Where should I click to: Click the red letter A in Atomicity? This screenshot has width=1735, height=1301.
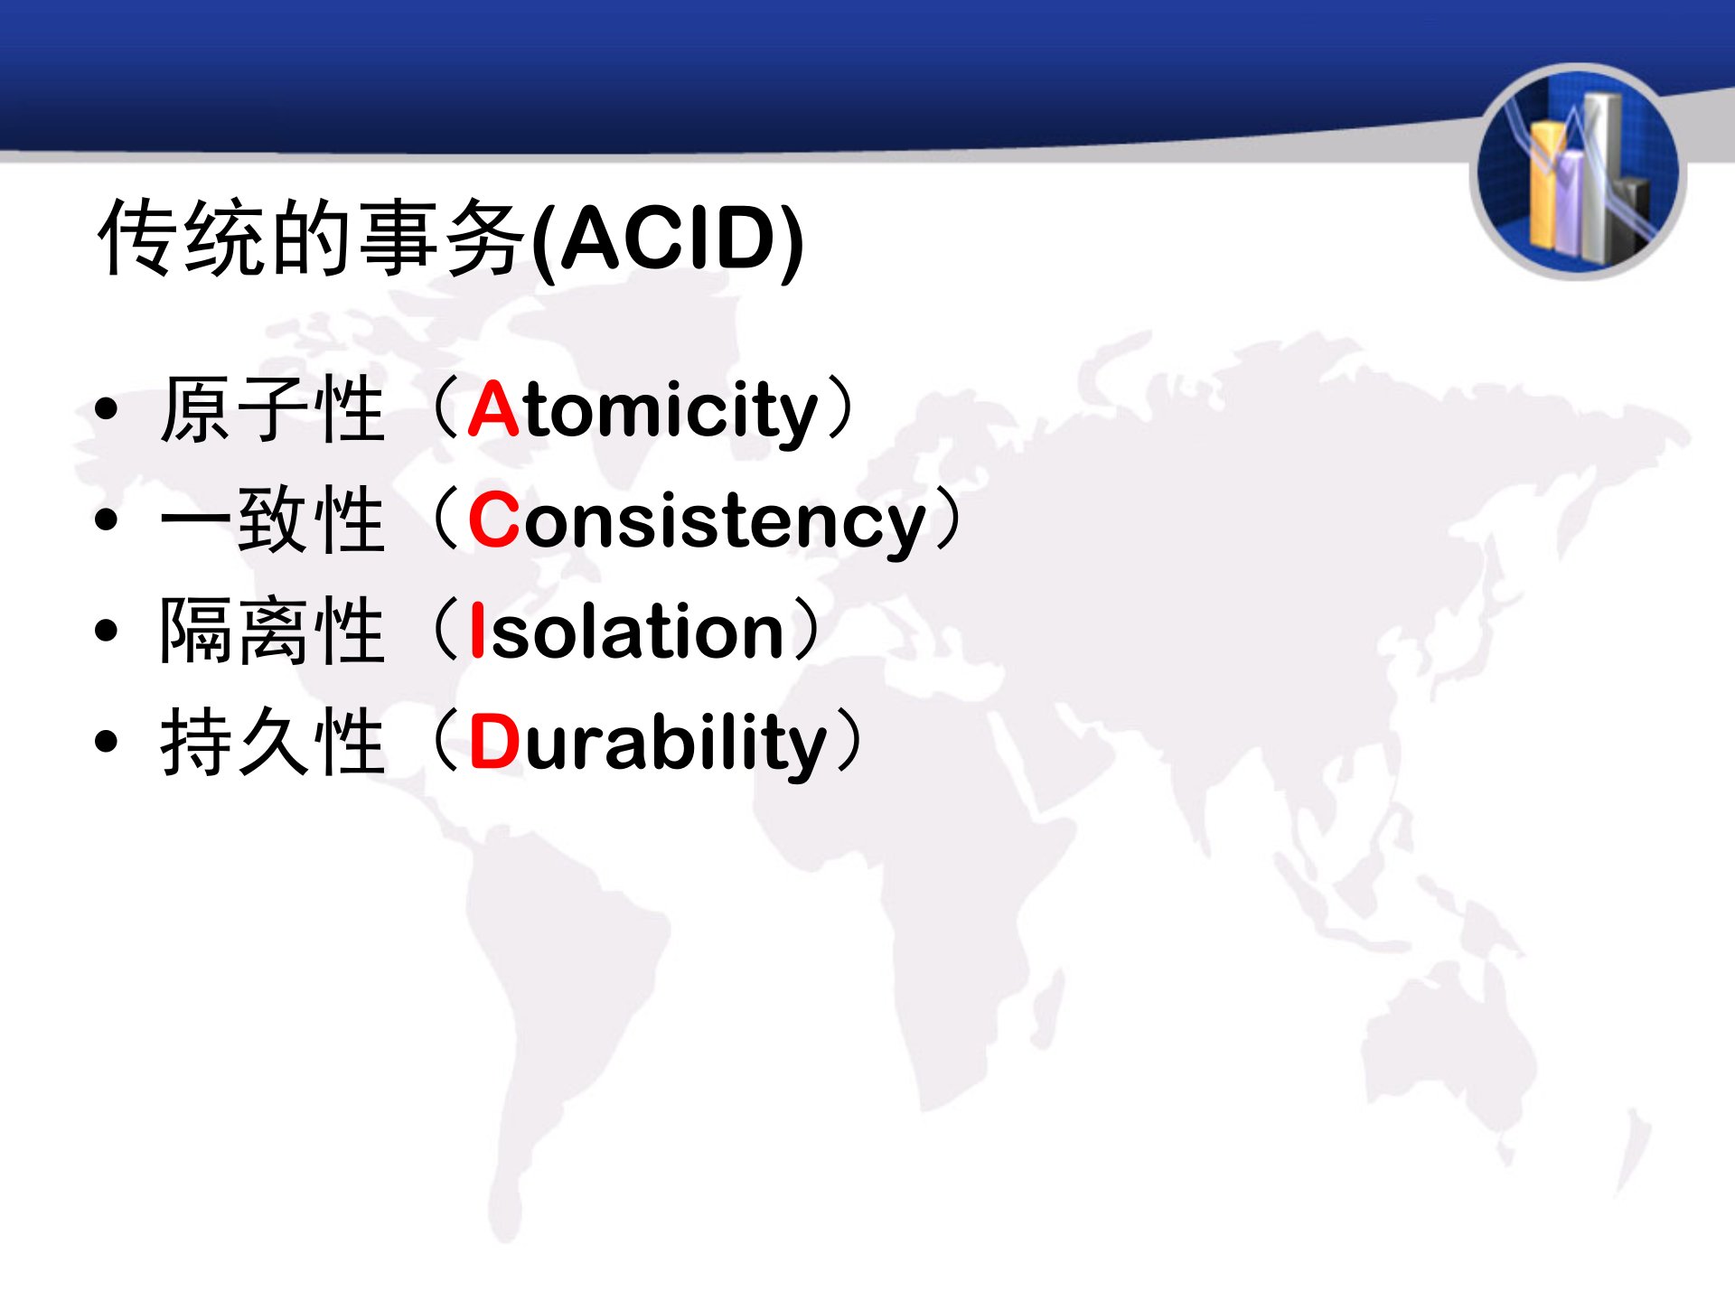tap(493, 410)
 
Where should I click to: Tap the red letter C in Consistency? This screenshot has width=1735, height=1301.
tap(494, 520)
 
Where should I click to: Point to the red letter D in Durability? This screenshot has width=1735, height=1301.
tap(495, 742)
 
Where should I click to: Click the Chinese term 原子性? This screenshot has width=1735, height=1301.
tap(272, 410)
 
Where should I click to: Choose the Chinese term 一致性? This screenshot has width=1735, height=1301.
tap(272, 519)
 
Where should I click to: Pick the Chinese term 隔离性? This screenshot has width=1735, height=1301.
tap(272, 631)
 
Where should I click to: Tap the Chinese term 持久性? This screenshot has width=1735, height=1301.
tap(272, 742)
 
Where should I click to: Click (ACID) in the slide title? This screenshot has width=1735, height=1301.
tap(668, 239)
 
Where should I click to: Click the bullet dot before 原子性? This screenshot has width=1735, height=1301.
tap(107, 409)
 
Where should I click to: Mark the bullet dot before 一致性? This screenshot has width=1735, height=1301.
tap(107, 519)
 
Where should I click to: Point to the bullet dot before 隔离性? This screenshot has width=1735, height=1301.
tap(107, 630)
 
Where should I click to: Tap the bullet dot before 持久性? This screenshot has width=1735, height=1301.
tap(107, 741)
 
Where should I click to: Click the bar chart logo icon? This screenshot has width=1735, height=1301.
tap(1578, 172)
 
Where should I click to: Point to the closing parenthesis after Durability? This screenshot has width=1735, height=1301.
tap(848, 741)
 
